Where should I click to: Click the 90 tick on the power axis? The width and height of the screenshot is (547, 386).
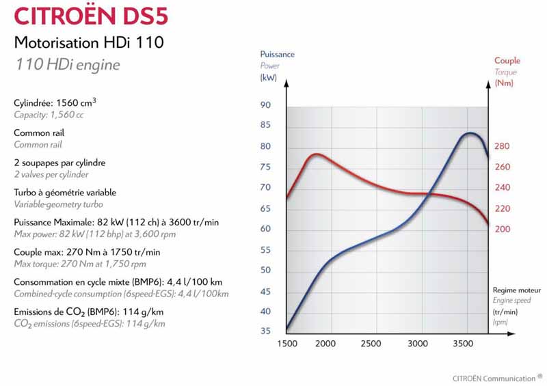pos(265,105)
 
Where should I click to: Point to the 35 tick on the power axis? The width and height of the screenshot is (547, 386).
pos(265,331)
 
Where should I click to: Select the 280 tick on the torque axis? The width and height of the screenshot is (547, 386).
pos(502,146)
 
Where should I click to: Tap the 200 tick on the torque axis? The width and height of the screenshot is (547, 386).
pos(502,229)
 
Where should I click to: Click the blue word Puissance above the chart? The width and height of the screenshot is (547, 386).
pos(278,54)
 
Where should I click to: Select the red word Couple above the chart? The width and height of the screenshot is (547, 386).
pos(507,61)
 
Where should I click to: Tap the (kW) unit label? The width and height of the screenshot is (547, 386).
pos(267,78)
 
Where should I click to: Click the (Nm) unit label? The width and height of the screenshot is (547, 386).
pos(504,83)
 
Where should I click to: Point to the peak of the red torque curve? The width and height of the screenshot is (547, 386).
pos(315,154)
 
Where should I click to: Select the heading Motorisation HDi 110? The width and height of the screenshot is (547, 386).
pos(89,43)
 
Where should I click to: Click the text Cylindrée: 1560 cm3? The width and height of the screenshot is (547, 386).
pos(55,102)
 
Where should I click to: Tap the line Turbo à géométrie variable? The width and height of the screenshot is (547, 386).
pos(65,193)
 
